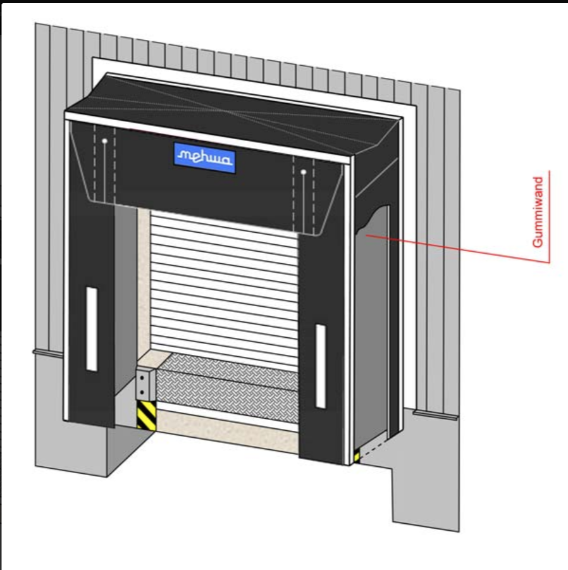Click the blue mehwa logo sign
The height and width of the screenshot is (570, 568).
click(x=204, y=158)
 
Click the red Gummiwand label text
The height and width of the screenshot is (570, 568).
click(x=538, y=213)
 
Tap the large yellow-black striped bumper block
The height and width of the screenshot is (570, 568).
click(x=146, y=415)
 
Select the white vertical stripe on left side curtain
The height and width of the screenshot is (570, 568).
click(x=92, y=329)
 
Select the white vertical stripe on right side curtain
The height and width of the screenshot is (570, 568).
click(x=321, y=366)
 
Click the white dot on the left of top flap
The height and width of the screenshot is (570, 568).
click(x=104, y=140)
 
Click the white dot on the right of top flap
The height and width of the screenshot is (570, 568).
click(x=304, y=171)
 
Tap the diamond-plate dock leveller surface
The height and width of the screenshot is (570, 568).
click(x=227, y=387)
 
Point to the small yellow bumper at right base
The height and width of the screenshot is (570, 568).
click(x=357, y=456)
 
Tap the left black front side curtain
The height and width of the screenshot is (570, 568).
click(x=91, y=309)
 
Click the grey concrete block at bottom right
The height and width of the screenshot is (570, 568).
click(x=425, y=473)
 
